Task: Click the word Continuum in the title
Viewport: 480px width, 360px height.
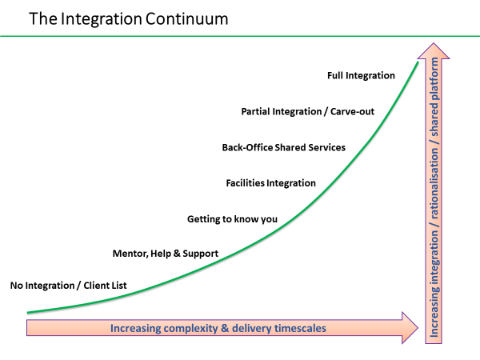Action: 186,19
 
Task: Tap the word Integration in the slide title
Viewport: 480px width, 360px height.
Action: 101,19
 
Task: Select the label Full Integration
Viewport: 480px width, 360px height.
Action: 361,76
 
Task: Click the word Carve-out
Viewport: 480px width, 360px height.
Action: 352,111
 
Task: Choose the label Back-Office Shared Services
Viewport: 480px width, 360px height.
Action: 283,147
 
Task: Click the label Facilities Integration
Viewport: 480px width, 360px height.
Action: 270,183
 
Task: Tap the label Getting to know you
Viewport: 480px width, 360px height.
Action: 232,219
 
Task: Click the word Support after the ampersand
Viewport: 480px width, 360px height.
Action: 201,254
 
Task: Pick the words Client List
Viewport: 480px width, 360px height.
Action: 105,286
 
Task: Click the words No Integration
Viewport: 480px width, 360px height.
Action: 42,286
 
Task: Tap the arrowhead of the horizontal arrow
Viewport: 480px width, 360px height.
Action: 410,328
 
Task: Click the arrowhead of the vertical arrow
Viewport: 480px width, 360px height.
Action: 434,51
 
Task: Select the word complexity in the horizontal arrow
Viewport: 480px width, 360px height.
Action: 191,329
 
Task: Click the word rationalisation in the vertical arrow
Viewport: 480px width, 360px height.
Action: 434,183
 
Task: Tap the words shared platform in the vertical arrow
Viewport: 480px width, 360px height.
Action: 434,97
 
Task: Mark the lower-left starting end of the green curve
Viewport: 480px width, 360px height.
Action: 27,313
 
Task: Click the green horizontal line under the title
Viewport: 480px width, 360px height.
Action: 240,36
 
